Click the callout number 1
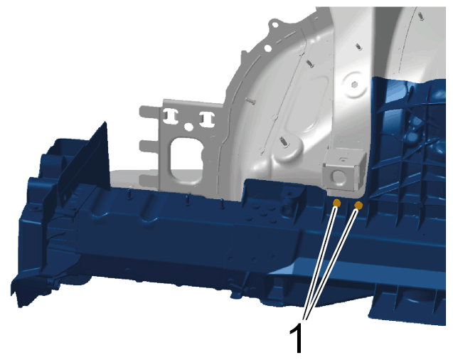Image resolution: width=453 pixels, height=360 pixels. (x=297, y=337)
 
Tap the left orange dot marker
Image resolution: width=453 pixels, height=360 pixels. (x=336, y=203)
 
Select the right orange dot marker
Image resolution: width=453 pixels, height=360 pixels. (x=358, y=206)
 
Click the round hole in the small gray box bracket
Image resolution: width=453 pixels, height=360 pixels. (x=337, y=176)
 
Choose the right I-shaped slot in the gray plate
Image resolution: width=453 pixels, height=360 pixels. (x=208, y=119)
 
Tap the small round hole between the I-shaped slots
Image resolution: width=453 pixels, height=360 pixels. (x=188, y=126)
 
